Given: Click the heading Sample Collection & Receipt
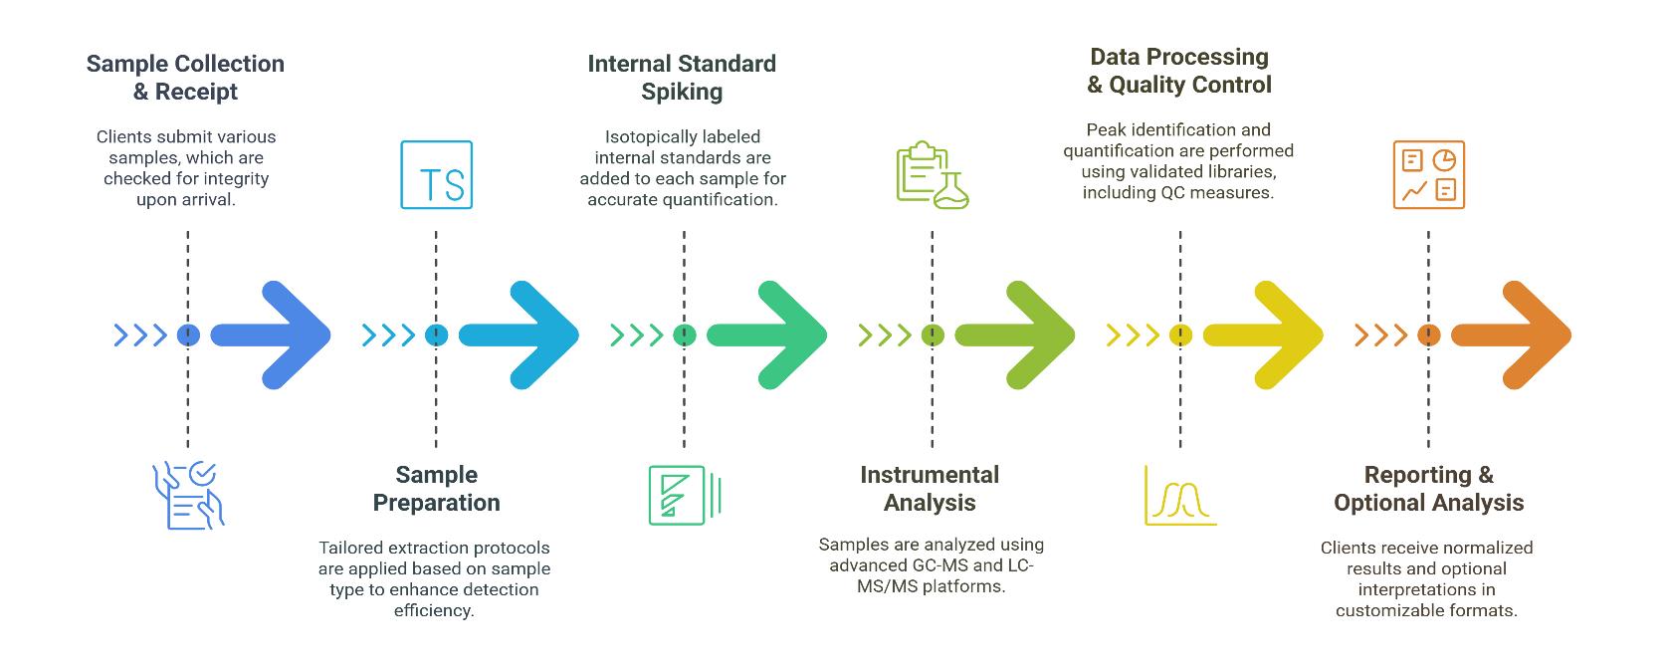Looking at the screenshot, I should (185, 78).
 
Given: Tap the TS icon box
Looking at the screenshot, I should (436, 174).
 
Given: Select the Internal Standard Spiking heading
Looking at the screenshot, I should (682, 78).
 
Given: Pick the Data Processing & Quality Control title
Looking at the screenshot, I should (1179, 71).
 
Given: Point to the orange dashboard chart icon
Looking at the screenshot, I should (1428, 175).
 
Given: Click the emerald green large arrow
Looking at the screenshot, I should (766, 335).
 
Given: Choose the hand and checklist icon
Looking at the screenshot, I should (188, 495).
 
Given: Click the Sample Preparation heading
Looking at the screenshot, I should (436, 489).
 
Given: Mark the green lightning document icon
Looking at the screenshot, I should (684, 495).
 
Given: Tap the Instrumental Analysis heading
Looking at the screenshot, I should (930, 489).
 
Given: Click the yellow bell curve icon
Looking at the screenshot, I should (1179, 495).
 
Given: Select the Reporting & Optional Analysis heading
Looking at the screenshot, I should (1428, 489).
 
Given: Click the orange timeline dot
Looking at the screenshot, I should (1428, 335).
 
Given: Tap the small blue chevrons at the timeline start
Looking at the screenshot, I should (140, 335).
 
